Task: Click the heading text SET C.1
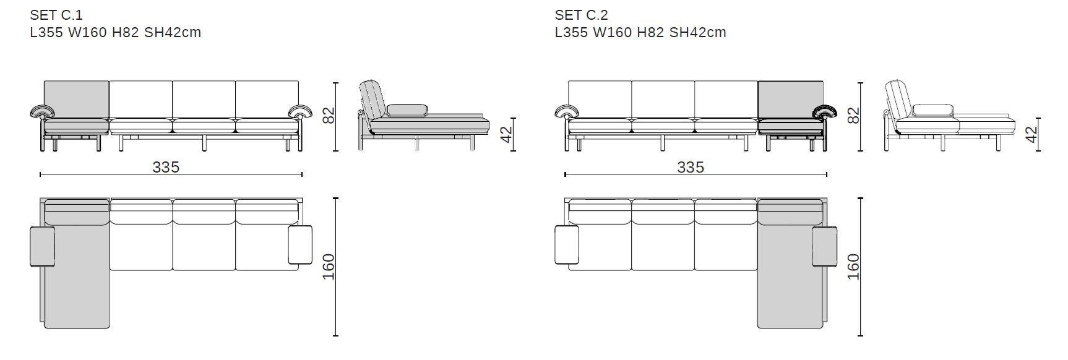56,15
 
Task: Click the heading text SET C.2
582,15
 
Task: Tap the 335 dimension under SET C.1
166,167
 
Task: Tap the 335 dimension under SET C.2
691,167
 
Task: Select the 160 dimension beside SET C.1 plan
329,267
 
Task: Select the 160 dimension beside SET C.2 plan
853,267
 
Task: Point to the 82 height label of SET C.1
329,116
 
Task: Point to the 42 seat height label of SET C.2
1031,134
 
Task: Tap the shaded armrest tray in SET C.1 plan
42,246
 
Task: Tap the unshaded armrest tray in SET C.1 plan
300,245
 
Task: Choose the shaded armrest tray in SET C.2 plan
825,246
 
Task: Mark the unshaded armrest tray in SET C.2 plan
567,245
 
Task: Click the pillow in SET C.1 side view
407,110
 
